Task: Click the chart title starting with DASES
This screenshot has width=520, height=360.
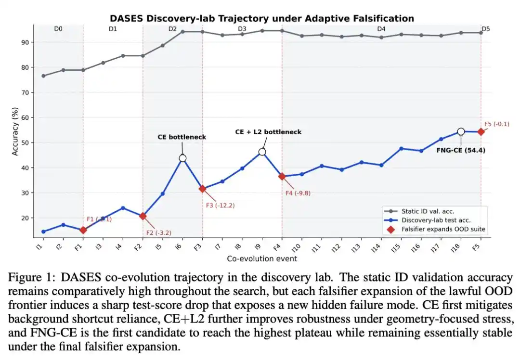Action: tap(262, 19)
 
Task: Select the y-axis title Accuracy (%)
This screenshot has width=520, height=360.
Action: tap(16, 130)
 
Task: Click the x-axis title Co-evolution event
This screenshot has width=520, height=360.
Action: tap(262, 258)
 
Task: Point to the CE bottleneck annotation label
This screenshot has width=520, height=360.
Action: tap(182, 137)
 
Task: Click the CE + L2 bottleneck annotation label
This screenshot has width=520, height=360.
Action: tap(268, 131)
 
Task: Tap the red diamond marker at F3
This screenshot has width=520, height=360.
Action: tap(203, 189)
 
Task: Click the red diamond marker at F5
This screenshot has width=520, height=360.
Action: tap(481, 132)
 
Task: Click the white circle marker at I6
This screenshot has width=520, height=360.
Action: tap(182, 158)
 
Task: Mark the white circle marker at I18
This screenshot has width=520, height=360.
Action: tap(461, 131)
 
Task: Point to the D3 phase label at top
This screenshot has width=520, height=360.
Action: tap(242, 29)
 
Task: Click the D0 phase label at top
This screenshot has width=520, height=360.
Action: tap(58, 29)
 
